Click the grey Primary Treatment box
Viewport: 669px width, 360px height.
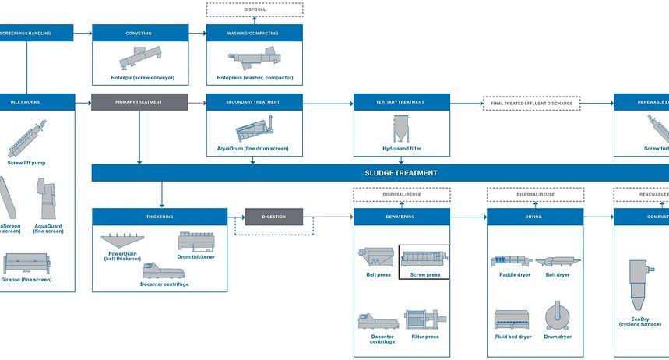[x=139, y=102]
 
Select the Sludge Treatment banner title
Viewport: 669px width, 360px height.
[x=401, y=173]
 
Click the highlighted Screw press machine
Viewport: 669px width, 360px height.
[x=424, y=257]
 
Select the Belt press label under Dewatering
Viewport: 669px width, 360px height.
[x=379, y=274]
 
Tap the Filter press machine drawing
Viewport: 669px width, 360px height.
[x=424, y=321]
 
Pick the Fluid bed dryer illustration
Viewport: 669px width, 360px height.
[x=512, y=320]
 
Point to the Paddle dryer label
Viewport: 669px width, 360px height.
[x=512, y=274]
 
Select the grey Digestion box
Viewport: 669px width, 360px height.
[x=274, y=216]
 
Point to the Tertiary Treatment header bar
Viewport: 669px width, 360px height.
[x=401, y=102]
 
